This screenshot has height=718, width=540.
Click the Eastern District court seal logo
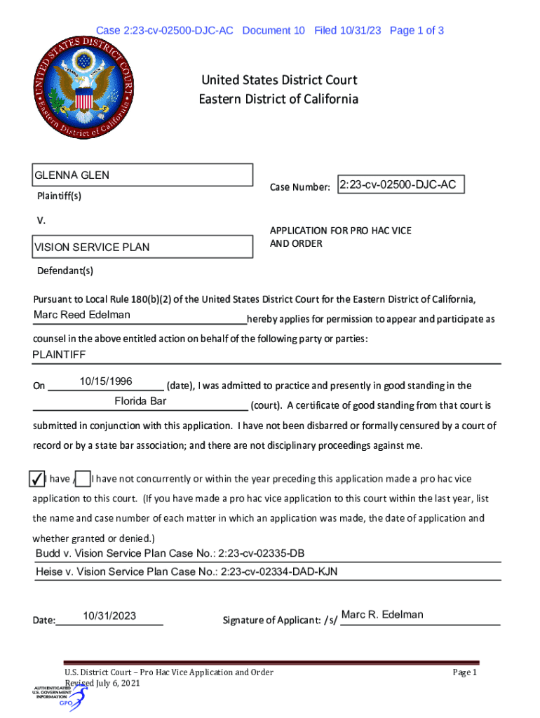pos(82,86)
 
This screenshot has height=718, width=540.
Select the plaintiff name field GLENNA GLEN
pos(142,175)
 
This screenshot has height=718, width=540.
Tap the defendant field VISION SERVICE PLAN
pos(142,247)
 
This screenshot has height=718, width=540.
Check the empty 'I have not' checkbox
pos(83,479)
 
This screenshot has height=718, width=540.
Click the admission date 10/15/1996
pos(106,381)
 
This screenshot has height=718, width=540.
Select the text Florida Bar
pos(140,402)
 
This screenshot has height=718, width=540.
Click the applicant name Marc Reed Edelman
pos(82,315)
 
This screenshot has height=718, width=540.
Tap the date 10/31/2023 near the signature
pos(109,616)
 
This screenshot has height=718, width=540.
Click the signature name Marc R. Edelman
pos(382,615)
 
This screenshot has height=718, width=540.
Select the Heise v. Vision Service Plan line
pos(187,572)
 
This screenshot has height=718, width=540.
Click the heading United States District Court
pos(278,81)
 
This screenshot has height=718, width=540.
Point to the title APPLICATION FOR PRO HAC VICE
pos(341,231)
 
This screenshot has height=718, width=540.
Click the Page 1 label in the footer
pos(464,673)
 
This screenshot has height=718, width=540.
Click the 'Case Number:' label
pos(300,187)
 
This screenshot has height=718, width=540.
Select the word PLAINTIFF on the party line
pos(59,355)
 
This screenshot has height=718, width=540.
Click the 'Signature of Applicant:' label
pos(279,620)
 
